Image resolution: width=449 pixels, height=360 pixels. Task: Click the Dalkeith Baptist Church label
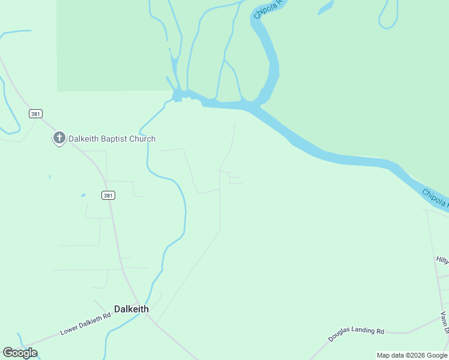tap(112, 139)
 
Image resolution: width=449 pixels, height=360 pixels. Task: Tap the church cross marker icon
tap(59, 138)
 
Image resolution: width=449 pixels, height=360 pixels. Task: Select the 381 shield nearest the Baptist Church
tap(35, 113)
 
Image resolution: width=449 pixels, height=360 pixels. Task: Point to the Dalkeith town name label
tap(131, 308)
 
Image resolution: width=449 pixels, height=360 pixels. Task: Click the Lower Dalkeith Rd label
tap(86, 324)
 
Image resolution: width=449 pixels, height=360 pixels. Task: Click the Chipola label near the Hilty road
tap(435, 199)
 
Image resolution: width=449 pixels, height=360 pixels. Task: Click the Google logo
tap(19, 353)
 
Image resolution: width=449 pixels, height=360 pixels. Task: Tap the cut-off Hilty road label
tap(443, 260)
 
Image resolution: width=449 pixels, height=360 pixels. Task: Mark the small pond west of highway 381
tap(83, 194)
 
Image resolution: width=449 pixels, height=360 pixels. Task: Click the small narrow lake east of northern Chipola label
tap(325, 8)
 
